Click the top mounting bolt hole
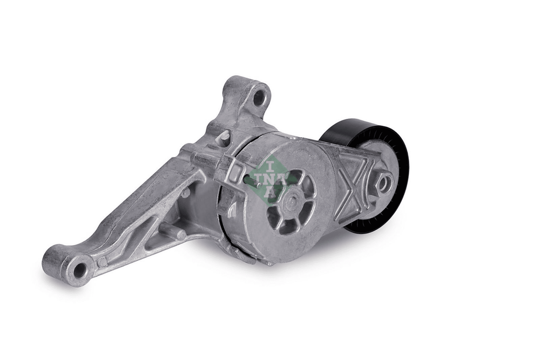tap(259, 97)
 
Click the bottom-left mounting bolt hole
tap(79, 270)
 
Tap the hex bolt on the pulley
tap(385, 182)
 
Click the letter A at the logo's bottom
tap(271, 192)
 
